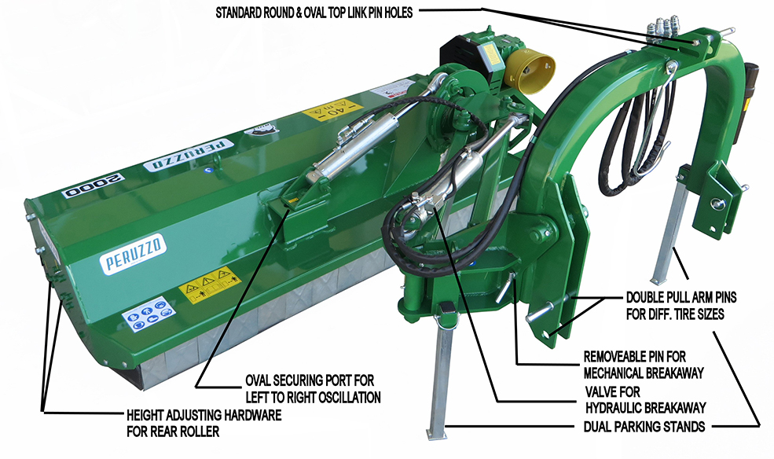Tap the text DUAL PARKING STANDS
point(644,427)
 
